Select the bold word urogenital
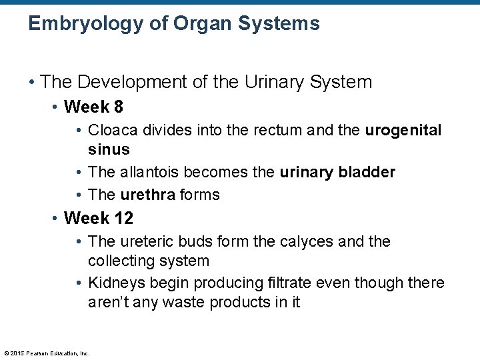(403, 130)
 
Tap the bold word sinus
(109, 149)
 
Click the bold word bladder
(366, 172)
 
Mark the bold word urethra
(147, 195)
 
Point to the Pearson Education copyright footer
(47, 353)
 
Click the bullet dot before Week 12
(56, 219)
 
